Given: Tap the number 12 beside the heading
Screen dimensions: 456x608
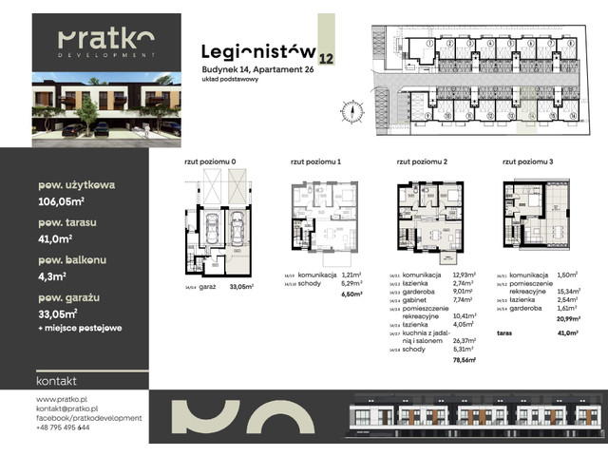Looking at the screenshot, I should click(x=327, y=59).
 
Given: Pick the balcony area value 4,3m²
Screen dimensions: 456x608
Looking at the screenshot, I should click(x=53, y=277).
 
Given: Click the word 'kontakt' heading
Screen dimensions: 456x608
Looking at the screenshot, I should click(x=56, y=380).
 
